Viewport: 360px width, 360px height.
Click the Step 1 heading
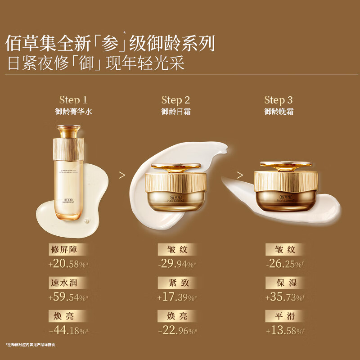point(73,100)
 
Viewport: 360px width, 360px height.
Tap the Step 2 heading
point(175,100)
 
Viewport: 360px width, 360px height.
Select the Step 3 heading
point(279,100)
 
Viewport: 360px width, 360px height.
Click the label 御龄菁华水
point(73,112)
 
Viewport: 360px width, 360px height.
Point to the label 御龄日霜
point(175,112)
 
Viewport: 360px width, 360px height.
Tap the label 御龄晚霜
point(279,112)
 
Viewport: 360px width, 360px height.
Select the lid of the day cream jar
point(175,166)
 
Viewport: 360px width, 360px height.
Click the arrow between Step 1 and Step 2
point(121,174)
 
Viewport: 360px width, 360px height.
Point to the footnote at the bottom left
point(30,344)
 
